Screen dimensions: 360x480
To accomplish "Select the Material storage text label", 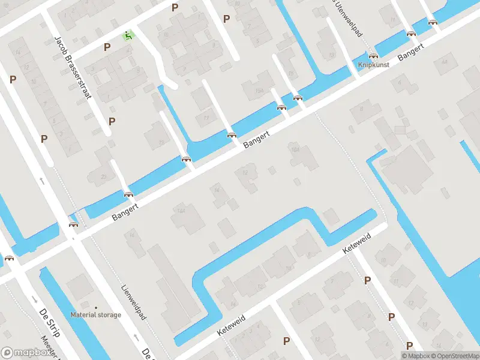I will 95,314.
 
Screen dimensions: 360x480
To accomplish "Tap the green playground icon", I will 127,35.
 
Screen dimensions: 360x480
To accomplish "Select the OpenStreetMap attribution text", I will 453,356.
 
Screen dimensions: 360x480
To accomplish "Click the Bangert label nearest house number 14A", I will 125,211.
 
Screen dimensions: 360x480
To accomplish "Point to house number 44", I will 444,62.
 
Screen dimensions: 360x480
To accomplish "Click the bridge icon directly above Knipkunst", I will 373,55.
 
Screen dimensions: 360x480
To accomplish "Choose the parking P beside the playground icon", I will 107,47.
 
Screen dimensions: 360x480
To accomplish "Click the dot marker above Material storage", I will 95,307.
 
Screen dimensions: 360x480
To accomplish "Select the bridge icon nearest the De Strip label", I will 10,259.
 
